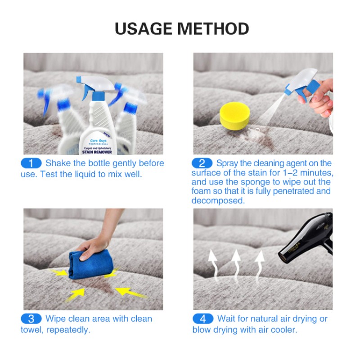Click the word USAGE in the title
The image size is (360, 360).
(144, 28)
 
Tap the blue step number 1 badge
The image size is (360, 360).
(31, 163)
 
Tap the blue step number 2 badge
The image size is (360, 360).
(202, 163)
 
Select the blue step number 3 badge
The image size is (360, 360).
(31, 319)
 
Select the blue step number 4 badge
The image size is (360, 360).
(203, 319)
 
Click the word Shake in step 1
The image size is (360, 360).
(58, 163)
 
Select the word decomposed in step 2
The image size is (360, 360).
(218, 201)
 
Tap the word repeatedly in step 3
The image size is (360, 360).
(69, 330)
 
